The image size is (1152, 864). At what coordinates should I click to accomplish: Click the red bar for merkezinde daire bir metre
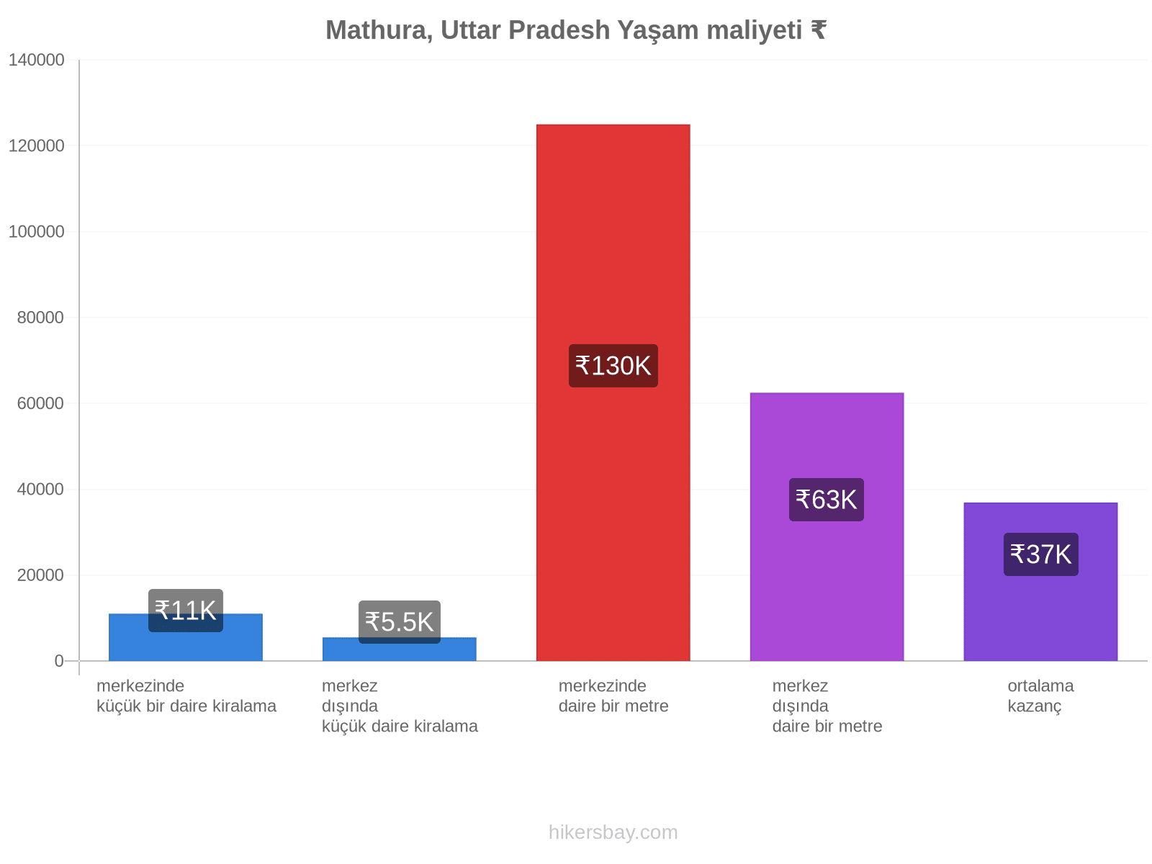coord(613,392)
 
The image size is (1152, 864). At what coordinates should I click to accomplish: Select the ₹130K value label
coord(613,366)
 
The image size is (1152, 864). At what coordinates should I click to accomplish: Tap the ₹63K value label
coord(826,500)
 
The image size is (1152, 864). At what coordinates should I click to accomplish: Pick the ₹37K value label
coord(1040,554)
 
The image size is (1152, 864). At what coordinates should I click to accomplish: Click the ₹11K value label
coord(185,610)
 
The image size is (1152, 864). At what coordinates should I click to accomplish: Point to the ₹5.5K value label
coord(400,621)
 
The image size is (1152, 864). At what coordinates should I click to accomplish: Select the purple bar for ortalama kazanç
coord(1040,581)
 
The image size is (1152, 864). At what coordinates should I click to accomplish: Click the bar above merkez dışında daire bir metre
coord(827,527)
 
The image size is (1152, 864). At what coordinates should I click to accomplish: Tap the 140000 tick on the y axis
coord(36,60)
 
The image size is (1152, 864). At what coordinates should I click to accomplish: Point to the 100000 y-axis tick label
coord(36,231)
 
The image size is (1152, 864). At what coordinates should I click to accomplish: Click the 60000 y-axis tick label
coord(40,403)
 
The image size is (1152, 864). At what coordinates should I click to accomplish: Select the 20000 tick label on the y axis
coord(40,575)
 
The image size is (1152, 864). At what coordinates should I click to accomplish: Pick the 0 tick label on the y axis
coord(59,660)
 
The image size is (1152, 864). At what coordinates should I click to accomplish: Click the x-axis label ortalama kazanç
coord(1040,696)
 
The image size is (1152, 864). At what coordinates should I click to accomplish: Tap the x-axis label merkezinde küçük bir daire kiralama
coord(186,696)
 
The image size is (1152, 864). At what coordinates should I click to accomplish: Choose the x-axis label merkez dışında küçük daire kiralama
coord(400,706)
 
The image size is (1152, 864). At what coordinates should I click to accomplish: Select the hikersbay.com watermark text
coord(613,832)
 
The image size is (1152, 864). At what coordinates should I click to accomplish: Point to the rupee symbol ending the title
coord(818,30)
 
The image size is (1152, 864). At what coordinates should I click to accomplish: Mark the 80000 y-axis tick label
coord(40,318)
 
